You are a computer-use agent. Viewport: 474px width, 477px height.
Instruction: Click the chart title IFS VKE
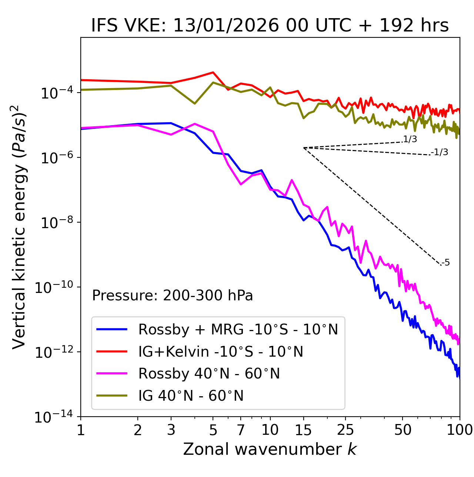coord(270,26)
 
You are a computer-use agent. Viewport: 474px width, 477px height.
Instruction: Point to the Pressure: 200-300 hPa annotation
coord(172,296)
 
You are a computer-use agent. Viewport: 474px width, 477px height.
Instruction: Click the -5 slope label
coord(445,263)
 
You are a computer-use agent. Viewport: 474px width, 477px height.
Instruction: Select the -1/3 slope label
coord(440,152)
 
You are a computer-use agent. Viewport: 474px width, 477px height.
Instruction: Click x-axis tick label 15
coord(303,430)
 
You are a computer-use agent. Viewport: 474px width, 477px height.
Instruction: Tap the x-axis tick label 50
coord(403,430)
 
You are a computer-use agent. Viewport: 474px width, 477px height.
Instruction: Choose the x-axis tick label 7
coord(241,430)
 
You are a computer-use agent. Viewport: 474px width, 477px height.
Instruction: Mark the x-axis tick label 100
coord(460,430)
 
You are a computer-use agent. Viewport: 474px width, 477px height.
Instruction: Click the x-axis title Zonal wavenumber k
coord(270,449)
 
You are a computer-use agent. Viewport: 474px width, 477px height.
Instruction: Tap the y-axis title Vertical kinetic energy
coord(20,227)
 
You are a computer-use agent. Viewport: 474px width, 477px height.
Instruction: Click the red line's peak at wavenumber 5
coord(213,72)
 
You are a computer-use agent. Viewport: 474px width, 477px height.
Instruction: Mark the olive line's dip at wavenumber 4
coord(195,103)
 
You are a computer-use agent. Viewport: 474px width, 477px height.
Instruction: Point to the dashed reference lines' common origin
coord(304,148)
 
